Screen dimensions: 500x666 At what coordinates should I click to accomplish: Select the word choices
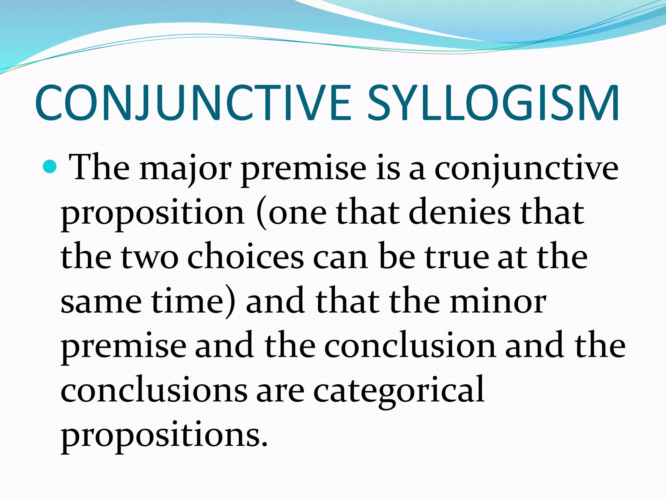click(x=246, y=257)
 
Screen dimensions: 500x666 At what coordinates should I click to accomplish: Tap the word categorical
click(x=399, y=391)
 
